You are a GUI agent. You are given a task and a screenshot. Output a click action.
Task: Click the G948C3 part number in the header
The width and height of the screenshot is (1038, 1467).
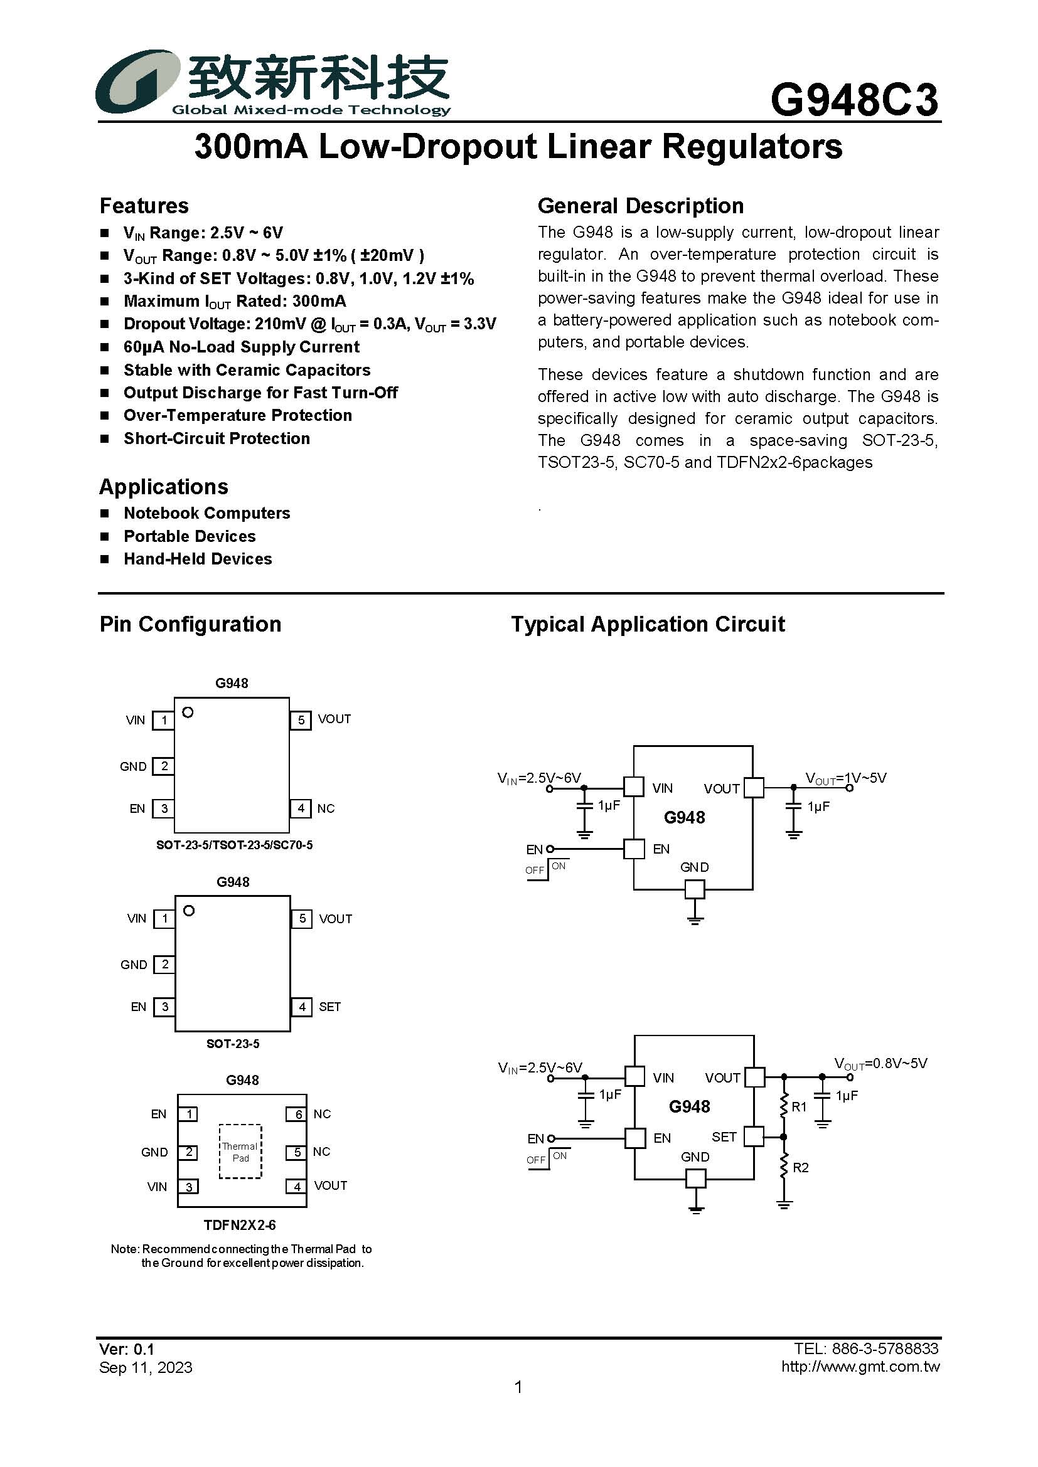click(854, 100)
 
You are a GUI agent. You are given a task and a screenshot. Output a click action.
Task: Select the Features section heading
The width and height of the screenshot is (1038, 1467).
click(144, 206)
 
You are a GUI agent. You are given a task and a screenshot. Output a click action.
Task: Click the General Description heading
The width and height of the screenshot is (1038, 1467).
click(641, 206)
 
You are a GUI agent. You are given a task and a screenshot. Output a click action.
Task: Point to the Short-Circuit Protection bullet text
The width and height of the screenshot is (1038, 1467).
click(217, 438)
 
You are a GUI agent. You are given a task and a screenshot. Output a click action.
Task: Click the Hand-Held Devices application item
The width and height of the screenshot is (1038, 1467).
click(198, 559)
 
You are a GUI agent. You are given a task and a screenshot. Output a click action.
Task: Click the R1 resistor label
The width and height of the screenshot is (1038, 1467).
click(799, 1106)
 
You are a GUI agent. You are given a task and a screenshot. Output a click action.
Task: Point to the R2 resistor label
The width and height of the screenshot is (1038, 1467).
click(800, 1167)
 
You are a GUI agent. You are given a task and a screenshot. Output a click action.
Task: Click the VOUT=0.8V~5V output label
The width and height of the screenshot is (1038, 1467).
click(880, 1064)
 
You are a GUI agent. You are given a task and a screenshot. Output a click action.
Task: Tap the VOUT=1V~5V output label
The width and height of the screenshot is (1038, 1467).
click(845, 778)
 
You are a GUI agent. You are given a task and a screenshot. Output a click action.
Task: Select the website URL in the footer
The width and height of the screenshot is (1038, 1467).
click(860, 1367)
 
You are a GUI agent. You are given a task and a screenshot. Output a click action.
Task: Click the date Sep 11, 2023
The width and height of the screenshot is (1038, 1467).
click(146, 1367)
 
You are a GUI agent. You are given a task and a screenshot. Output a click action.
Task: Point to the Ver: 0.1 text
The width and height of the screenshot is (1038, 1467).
click(127, 1349)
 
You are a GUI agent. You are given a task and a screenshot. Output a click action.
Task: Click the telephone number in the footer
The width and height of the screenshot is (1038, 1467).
click(866, 1348)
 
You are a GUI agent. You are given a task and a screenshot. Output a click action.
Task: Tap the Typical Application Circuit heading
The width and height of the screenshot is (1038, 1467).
click(648, 624)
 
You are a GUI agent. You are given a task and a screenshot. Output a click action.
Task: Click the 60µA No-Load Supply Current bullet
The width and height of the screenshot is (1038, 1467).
click(242, 347)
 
